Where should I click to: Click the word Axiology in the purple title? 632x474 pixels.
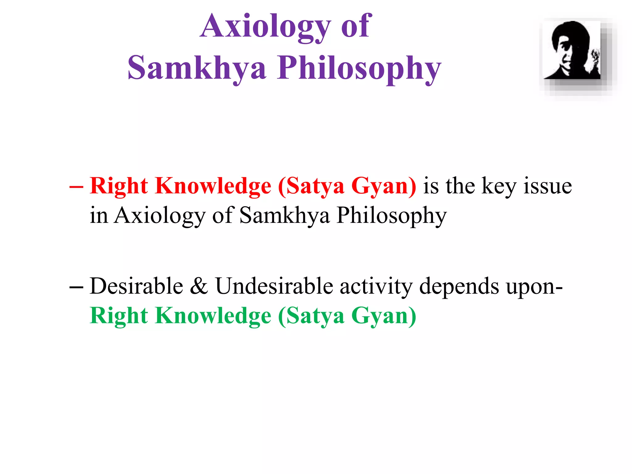(265, 27)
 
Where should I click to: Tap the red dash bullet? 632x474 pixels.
(76, 187)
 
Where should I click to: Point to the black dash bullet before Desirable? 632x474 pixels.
(76, 287)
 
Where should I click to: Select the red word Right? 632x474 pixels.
(119, 187)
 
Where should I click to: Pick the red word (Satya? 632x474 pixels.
(311, 187)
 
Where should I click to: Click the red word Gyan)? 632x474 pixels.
(384, 187)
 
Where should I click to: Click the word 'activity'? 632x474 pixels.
(376, 287)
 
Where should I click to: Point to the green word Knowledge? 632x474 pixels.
(213, 316)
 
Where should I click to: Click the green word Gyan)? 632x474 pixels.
(384, 317)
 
